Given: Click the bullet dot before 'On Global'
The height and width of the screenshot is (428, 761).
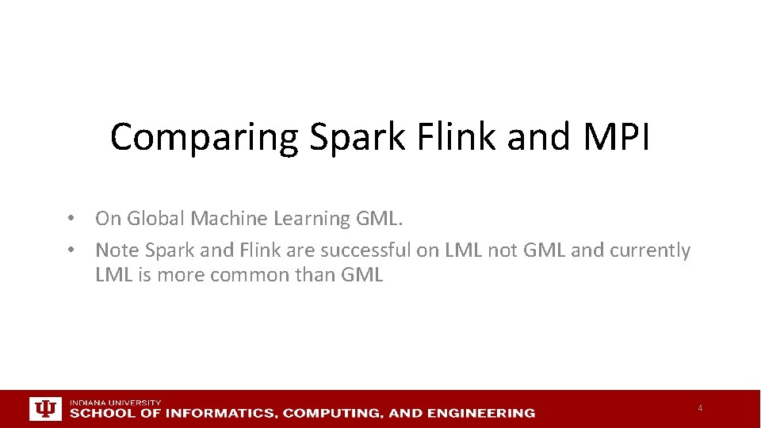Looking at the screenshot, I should point(71,218).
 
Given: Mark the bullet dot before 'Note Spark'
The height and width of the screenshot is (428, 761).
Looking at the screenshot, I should point(71,250).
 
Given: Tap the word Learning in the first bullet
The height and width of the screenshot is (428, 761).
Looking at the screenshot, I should point(305,218).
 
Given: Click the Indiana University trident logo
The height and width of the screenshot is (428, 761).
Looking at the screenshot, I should point(44,408).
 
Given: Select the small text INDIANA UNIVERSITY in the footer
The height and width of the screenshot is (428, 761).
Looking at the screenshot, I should point(115,403).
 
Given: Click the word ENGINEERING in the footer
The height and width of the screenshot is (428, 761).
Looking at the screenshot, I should point(481,413).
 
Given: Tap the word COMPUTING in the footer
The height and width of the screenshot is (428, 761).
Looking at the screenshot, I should point(333,413).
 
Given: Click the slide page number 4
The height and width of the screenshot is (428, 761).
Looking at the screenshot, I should point(700,408).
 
